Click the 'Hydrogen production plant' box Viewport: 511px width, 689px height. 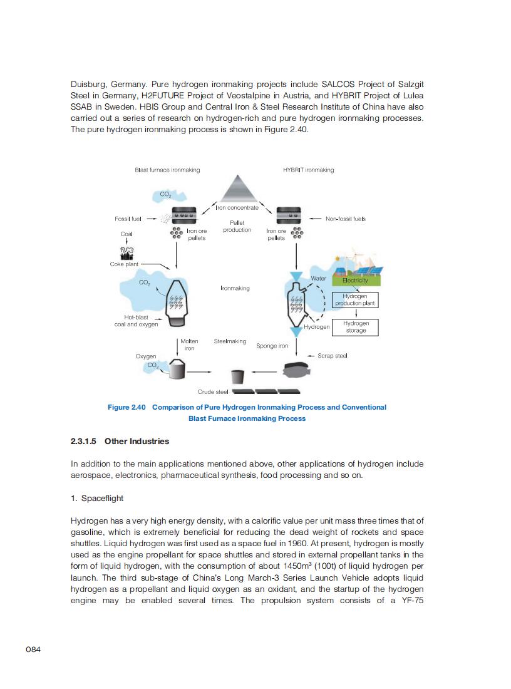pyautogui.click(x=355, y=299)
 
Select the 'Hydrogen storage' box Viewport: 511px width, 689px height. pyautogui.click(x=356, y=327)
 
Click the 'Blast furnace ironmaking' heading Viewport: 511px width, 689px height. pyautogui.click(x=167, y=170)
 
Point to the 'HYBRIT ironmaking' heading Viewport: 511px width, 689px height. pyautogui.click(x=309, y=170)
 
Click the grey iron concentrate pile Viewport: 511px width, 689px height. pyautogui.click(x=237, y=187)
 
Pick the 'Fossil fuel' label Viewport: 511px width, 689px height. pyautogui.click(x=128, y=219)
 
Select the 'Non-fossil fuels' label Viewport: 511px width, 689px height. pyautogui.click(x=346, y=219)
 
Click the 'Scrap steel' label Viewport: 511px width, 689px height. pyautogui.click(x=333, y=356)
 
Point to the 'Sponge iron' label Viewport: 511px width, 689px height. pyautogui.click(x=272, y=346)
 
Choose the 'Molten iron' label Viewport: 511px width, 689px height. pyautogui.click(x=189, y=344)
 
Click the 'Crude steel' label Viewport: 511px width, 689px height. pyautogui.click(x=213, y=392)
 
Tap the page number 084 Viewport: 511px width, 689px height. pyautogui.click(x=33, y=650)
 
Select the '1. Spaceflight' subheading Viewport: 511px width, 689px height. pyautogui.click(x=97, y=498)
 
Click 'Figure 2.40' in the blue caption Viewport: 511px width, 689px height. pyautogui.click(x=126, y=407)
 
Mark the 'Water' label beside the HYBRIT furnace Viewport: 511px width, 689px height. pyautogui.click(x=318, y=278)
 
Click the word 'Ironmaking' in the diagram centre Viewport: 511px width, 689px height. pyautogui.click(x=235, y=288)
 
